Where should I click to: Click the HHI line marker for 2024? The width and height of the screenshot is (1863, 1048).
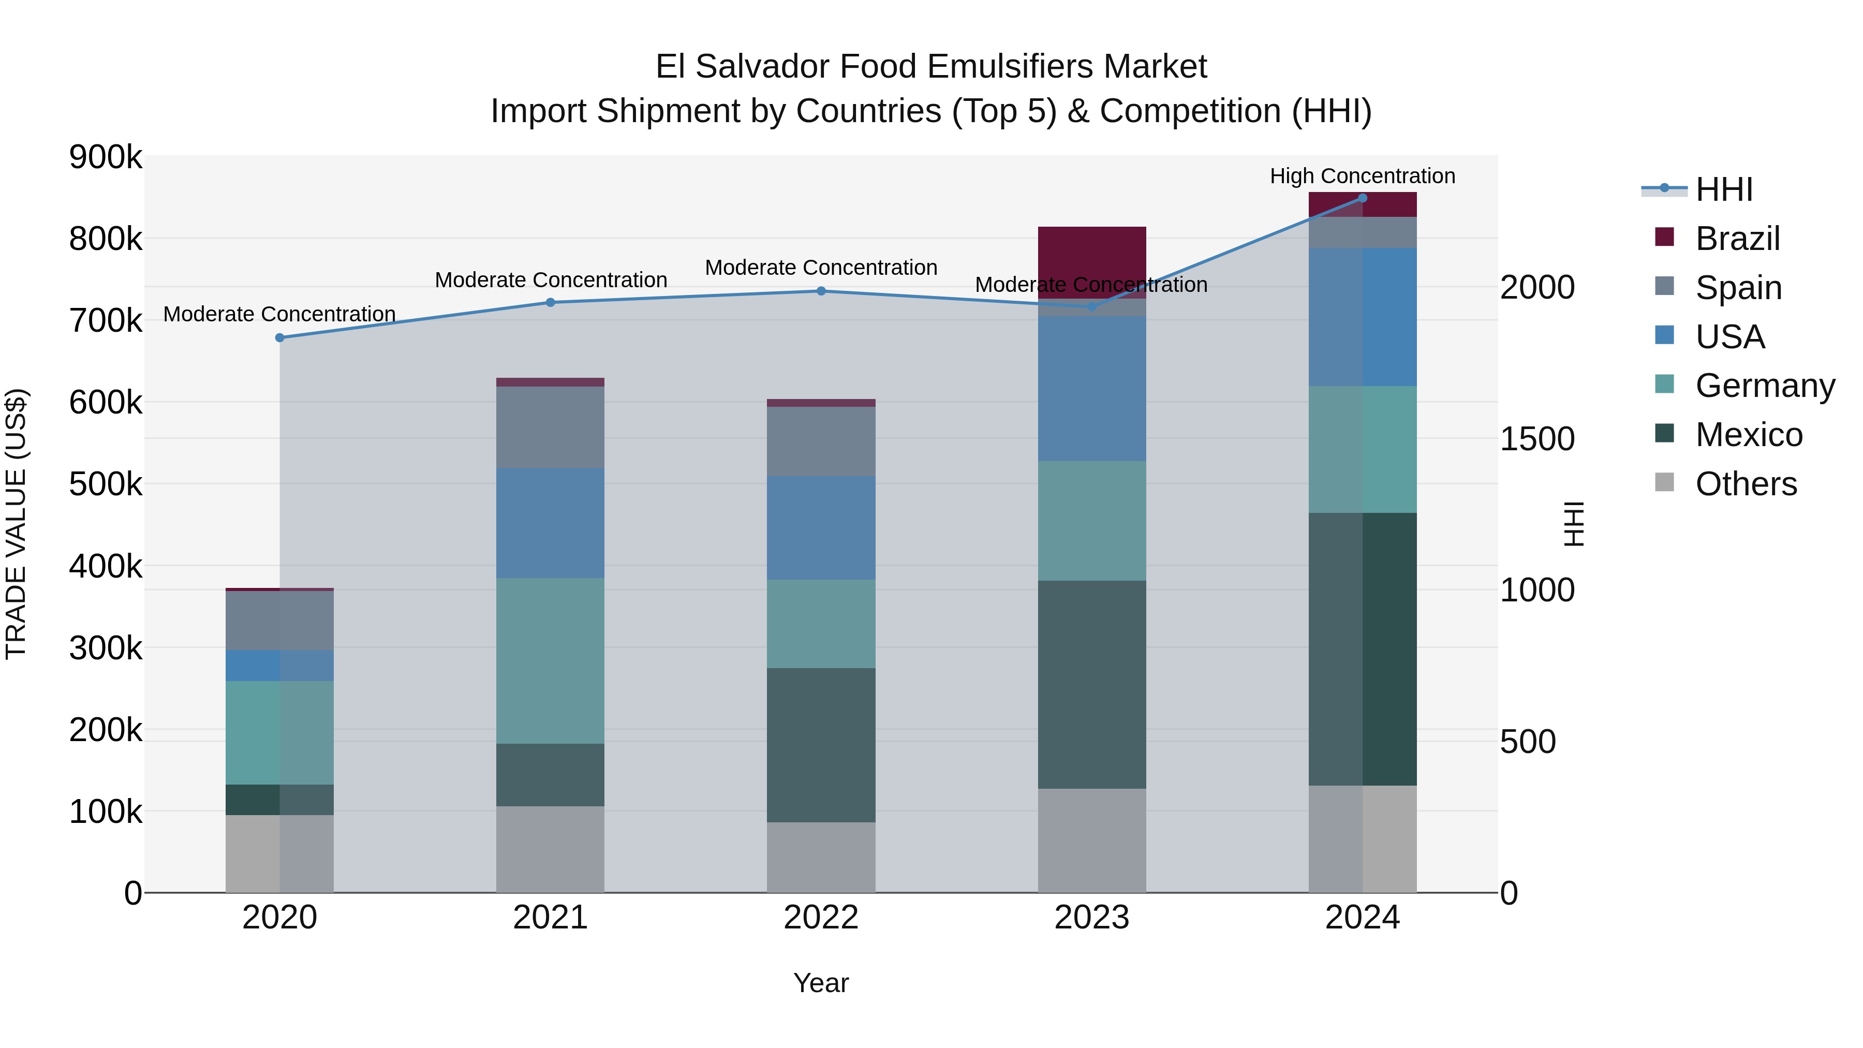pyautogui.click(x=1363, y=198)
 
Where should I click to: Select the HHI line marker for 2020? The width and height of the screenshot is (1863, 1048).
pyautogui.click(x=280, y=338)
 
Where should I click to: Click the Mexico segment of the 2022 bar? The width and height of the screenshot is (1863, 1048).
pyautogui.click(x=821, y=744)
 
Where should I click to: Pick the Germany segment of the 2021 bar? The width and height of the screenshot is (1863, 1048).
pyautogui.click(x=551, y=660)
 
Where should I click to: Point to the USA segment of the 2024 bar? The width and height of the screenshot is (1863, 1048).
pyautogui.click(x=1363, y=317)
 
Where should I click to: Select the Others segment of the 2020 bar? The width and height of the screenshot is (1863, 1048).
pyautogui.click(x=280, y=853)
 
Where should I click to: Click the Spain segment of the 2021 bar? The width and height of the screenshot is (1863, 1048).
pyautogui.click(x=551, y=427)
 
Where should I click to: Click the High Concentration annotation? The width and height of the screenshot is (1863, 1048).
pyautogui.click(x=1363, y=176)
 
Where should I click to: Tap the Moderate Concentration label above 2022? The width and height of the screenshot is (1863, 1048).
pyautogui.click(x=821, y=268)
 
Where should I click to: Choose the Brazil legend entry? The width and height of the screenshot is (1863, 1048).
pyautogui.click(x=1737, y=239)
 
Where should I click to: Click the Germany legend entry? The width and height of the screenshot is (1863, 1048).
pyautogui.click(x=1765, y=386)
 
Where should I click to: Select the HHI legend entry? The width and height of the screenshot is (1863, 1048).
pyautogui.click(x=1723, y=189)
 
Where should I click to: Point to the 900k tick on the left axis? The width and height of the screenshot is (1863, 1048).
pyautogui.click(x=106, y=157)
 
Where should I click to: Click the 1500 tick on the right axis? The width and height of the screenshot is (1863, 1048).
pyautogui.click(x=1537, y=439)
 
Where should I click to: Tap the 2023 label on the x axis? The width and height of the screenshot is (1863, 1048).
pyautogui.click(x=1092, y=918)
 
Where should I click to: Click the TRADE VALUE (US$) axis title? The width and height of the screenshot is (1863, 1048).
pyautogui.click(x=16, y=524)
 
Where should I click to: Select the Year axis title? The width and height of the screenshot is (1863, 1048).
pyautogui.click(x=821, y=983)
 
